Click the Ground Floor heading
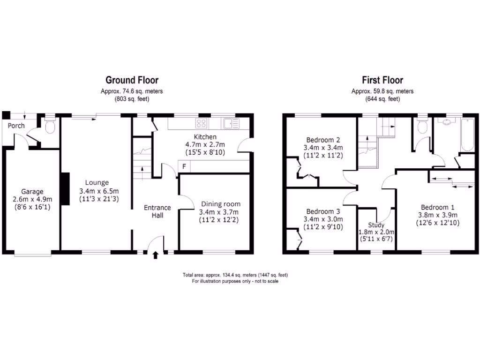pos(132,80)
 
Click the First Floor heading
pos(382,80)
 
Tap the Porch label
pos(15,126)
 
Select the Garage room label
pos(32,191)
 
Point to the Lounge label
pos(97,183)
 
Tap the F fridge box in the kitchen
pos(184,166)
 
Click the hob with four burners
pos(202,123)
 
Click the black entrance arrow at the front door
pos(156,255)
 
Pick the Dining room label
pos(221,204)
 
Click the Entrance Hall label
pos(157,211)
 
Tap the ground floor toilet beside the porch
pos(49,127)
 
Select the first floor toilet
pos(422,127)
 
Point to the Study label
pos(376,225)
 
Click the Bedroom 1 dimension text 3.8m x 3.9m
pos(437,215)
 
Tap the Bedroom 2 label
pos(322,140)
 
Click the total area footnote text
pos(235,275)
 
